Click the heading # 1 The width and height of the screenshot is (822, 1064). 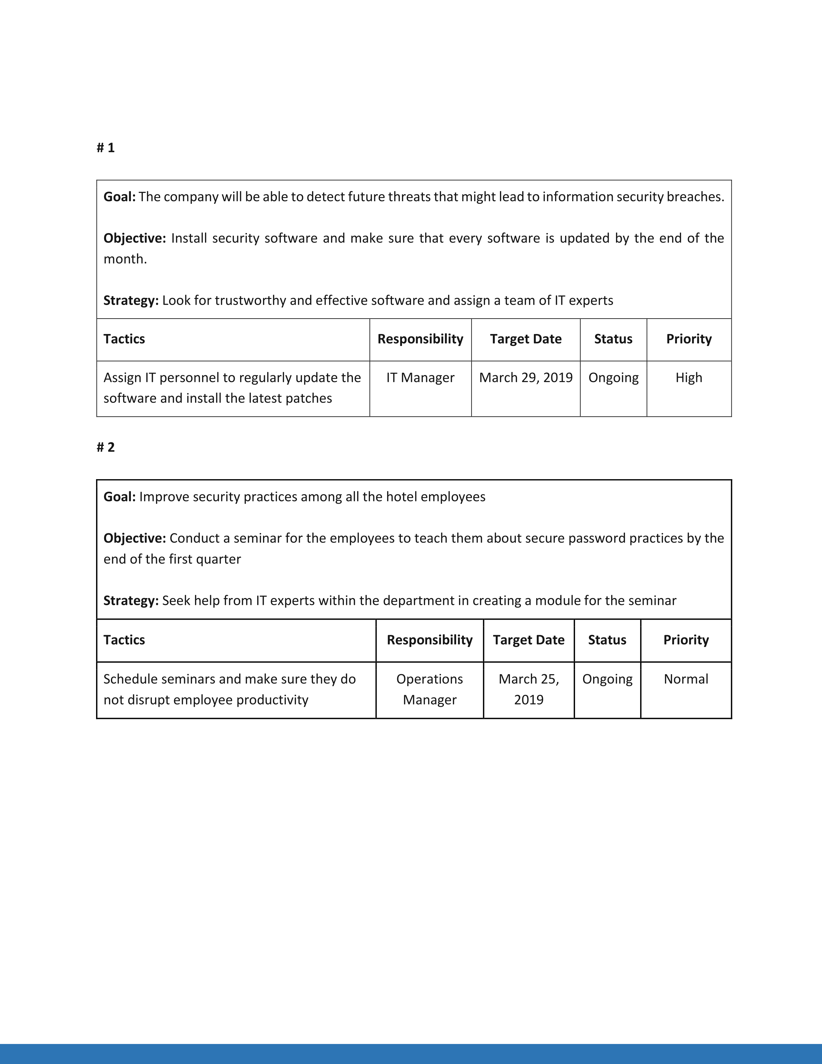tap(106, 148)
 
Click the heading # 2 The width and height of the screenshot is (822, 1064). tap(106, 447)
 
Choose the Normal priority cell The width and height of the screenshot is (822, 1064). tap(686, 679)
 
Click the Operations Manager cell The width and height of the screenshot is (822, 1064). tap(429, 689)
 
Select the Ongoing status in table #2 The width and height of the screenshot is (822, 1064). tap(607, 679)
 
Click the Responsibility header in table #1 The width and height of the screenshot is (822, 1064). tap(420, 339)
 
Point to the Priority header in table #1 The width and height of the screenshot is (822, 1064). tap(689, 339)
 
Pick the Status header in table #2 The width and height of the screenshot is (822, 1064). tap(607, 640)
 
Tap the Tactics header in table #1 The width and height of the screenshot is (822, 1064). tap(124, 339)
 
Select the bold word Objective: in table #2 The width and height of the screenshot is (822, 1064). tap(135, 538)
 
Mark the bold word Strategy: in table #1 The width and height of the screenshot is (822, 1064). tap(131, 300)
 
